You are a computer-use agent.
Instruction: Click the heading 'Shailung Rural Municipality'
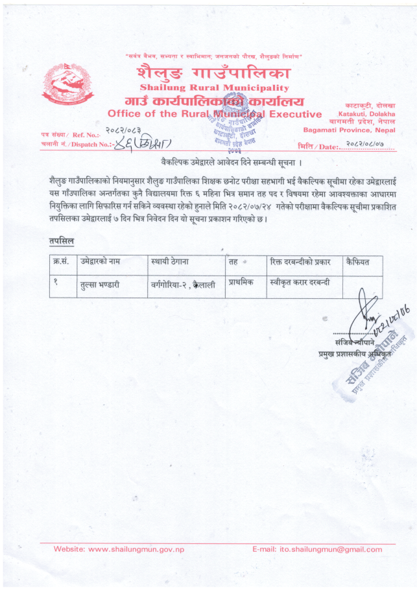point(215,88)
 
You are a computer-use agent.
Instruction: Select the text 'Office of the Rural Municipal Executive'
point(215,115)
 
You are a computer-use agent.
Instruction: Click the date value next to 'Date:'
point(369,145)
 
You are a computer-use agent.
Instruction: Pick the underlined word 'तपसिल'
point(62,242)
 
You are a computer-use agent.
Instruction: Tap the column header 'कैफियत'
point(357,261)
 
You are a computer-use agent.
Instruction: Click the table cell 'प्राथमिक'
point(243,283)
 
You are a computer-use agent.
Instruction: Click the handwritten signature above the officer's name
point(373,318)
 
